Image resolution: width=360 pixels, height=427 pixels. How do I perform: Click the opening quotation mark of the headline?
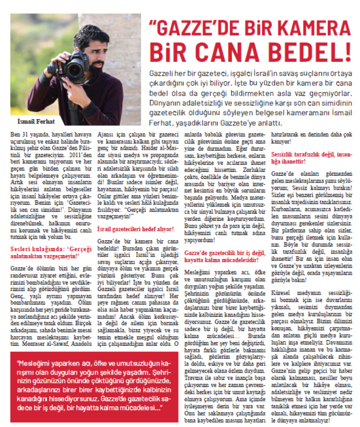coord(155,24)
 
